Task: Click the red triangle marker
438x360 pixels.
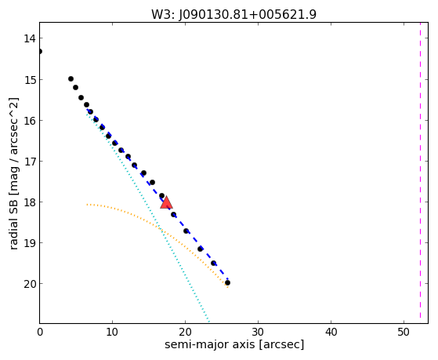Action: click(x=166, y=202)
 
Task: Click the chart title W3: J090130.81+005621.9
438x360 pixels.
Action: click(x=233, y=15)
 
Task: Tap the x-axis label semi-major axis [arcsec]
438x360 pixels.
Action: click(x=234, y=344)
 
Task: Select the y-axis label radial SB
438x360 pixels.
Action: click(x=13, y=225)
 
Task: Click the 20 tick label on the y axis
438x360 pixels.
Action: click(x=30, y=284)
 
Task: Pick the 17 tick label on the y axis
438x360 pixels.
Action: click(x=30, y=162)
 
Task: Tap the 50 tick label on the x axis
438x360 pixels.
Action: click(x=404, y=332)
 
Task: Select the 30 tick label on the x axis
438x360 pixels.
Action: click(x=258, y=332)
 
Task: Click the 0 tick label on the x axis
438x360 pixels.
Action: click(x=40, y=332)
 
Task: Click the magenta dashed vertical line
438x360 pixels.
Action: click(x=420, y=173)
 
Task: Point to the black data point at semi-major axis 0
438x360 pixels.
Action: click(x=40, y=52)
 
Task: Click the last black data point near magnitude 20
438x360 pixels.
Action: click(x=228, y=283)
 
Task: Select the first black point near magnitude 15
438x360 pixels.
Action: click(x=71, y=79)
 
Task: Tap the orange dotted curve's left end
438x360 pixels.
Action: click(x=87, y=205)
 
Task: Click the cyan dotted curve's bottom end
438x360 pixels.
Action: click(x=208, y=322)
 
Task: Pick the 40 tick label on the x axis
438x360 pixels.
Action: click(x=331, y=332)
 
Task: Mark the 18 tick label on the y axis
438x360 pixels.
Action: click(x=30, y=202)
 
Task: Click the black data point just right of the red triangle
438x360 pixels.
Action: click(x=173, y=215)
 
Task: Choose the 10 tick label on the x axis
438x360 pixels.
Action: click(x=112, y=332)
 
